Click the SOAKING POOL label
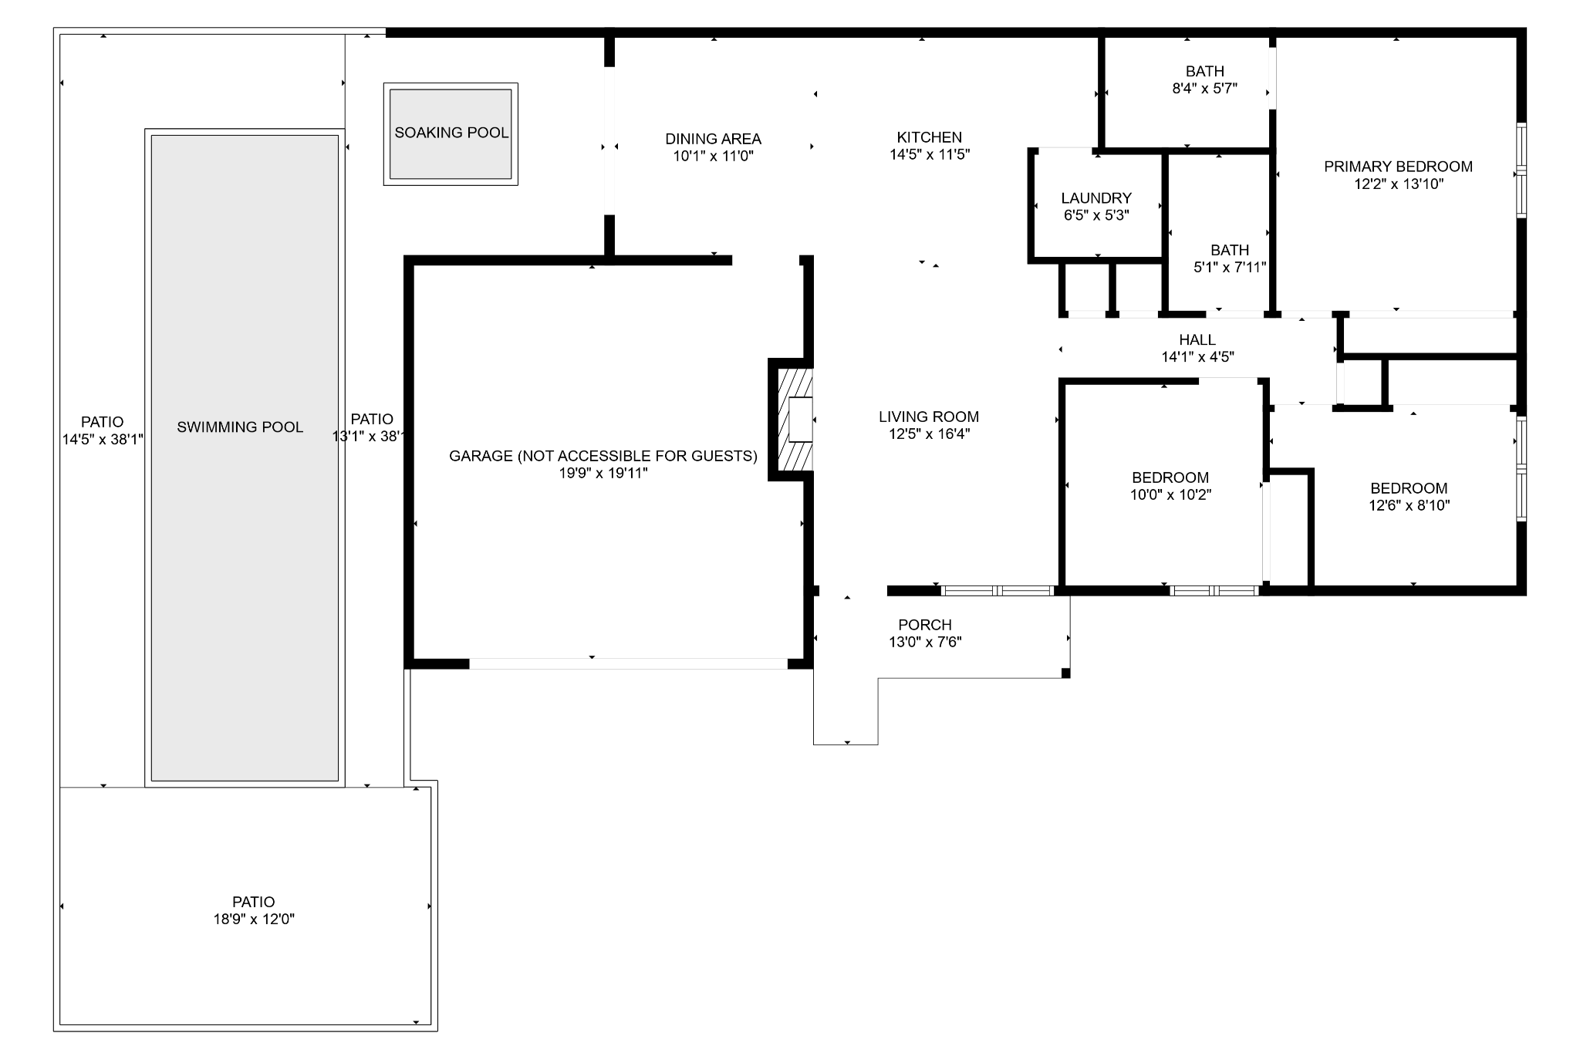451,133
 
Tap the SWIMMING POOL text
240,427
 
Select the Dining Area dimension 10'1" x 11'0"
713,156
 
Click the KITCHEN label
929,137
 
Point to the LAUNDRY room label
1096,198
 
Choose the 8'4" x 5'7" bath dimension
1204,88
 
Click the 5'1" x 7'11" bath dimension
1230,267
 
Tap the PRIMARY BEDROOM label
1398,167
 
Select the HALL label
1197,339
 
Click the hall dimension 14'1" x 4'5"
1197,356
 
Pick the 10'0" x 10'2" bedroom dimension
1170,494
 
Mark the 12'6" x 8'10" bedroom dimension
1409,505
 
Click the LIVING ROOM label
929,417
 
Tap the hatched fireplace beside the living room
795,420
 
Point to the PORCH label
925,625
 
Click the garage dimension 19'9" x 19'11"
603,473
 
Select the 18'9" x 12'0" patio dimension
254,919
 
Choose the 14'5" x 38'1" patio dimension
103,439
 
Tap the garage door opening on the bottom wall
628,663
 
